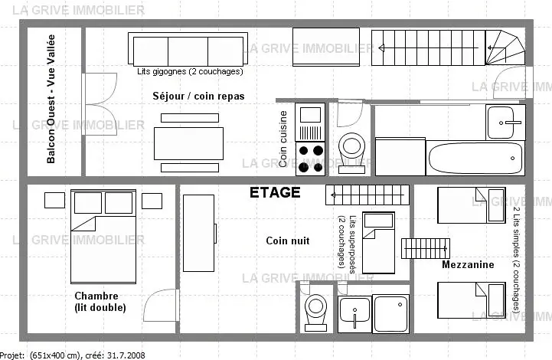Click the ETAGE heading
[x=275, y=193]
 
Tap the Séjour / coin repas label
[x=198, y=97]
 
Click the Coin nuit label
[x=288, y=241]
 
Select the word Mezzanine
[x=468, y=264]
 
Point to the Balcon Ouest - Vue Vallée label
[x=51, y=99]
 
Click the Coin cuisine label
[x=283, y=139]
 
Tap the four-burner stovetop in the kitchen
[x=310, y=159]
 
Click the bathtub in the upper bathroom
[x=475, y=158]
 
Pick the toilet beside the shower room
[x=315, y=313]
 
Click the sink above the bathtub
[x=505, y=123]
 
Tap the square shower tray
[x=391, y=314]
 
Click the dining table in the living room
[x=188, y=143]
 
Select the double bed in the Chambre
[x=103, y=237]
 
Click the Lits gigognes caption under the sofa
[x=190, y=71]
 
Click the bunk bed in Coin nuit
[x=378, y=242]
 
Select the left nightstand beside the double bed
[x=54, y=201]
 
